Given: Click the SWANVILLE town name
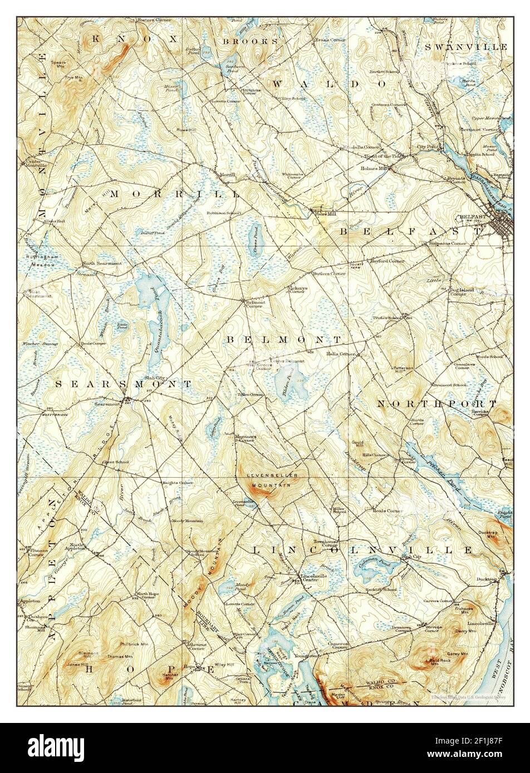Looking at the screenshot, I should [x=465, y=47].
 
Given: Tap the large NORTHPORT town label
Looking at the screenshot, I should [x=436, y=403].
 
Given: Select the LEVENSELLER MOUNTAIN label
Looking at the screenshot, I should [x=271, y=480].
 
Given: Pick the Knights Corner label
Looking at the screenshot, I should [x=178, y=483].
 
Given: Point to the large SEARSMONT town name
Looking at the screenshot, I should [x=124, y=384].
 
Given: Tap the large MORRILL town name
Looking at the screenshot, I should [x=175, y=194].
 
